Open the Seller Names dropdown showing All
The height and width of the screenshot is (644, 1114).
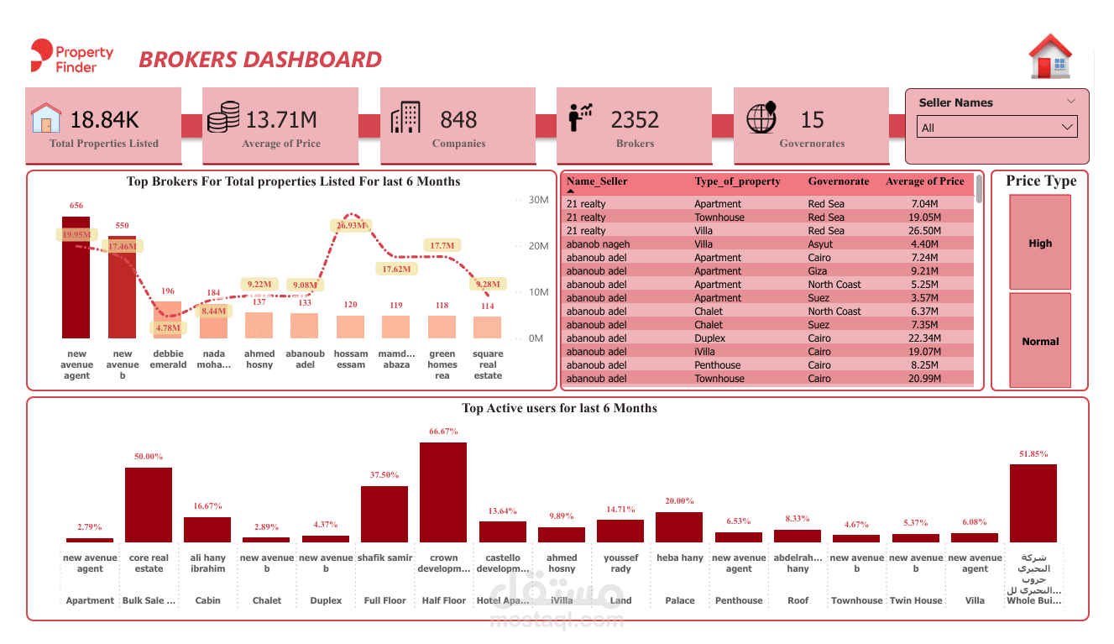click(x=997, y=128)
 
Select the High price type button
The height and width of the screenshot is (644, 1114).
click(x=1040, y=243)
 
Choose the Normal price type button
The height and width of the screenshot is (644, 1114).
click(x=1040, y=341)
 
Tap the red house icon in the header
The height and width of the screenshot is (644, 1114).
click(x=1050, y=57)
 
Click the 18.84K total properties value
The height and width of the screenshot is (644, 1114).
click(x=104, y=120)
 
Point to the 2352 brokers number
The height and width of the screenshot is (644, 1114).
click(x=635, y=120)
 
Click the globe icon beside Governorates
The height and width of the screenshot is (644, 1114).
click(x=761, y=118)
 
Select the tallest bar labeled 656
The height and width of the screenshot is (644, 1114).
click(x=76, y=277)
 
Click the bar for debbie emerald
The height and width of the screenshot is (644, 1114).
click(x=168, y=320)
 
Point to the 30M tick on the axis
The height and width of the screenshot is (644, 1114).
click(x=537, y=200)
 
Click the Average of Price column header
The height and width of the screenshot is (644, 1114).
click(x=924, y=181)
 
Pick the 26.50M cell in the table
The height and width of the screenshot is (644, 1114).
click(x=925, y=231)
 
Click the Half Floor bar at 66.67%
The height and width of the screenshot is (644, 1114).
click(x=443, y=492)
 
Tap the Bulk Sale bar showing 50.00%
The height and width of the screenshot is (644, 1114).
click(x=149, y=505)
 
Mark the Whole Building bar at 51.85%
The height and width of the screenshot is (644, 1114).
click(x=1033, y=503)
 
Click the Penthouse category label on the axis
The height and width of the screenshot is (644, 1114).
click(x=739, y=600)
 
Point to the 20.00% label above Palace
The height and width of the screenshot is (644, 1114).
click(x=679, y=501)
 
